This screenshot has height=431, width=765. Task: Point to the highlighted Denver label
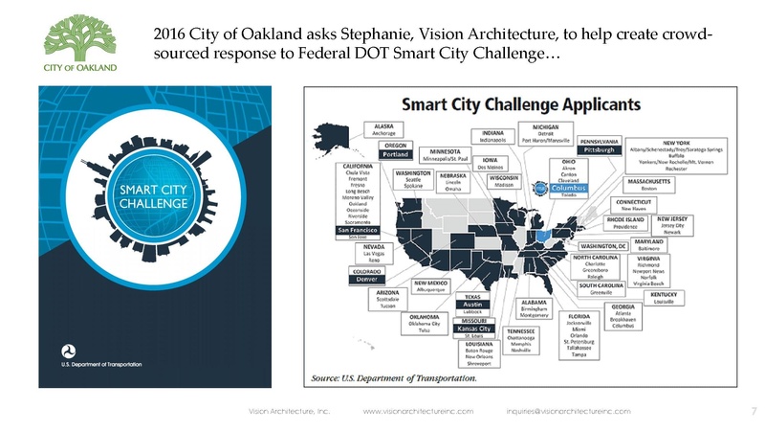[x=358, y=280]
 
